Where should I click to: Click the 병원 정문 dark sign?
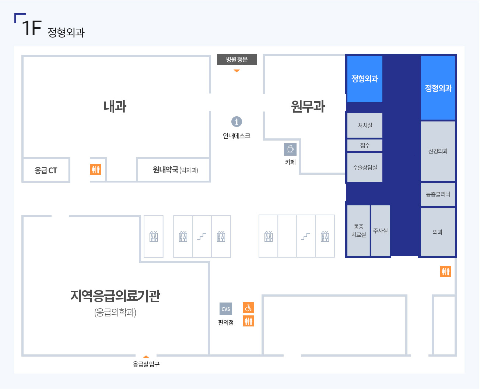(x=237, y=59)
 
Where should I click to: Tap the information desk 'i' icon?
(x=237, y=121)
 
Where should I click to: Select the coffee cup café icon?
(x=290, y=149)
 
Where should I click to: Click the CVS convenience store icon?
(x=225, y=309)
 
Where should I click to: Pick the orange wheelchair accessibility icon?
(x=248, y=308)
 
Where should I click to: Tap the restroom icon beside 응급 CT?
(x=95, y=169)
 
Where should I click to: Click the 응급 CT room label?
(x=46, y=170)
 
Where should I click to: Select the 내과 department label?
(x=115, y=106)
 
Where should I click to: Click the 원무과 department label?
(x=308, y=106)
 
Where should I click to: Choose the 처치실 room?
(x=365, y=125)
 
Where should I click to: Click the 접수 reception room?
(x=365, y=145)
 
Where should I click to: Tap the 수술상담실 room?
(x=365, y=167)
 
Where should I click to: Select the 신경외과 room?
(x=438, y=151)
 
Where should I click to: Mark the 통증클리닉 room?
(x=438, y=194)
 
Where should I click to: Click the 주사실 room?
(x=380, y=230)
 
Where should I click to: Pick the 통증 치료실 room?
(x=358, y=230)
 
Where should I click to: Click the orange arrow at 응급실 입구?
(x=146, y=357)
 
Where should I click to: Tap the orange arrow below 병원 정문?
(x=237, y=71)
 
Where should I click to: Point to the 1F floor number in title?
(x=32, y=28)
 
